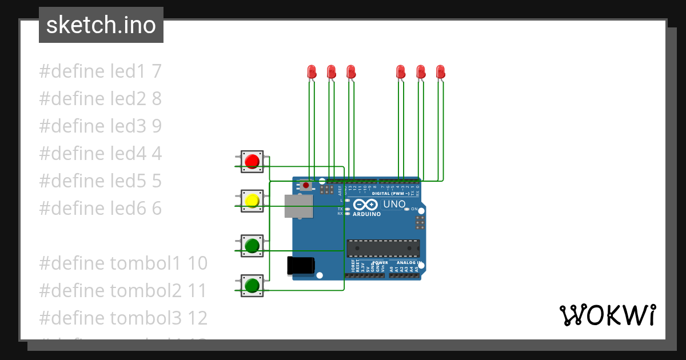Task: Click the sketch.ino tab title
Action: [x=101, y=25]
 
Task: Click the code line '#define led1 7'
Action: [x=100, y=71]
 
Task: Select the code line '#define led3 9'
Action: [x=100, y=126]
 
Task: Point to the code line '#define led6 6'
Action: [x=100, y=209]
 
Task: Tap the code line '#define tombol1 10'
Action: [x=123, y=263]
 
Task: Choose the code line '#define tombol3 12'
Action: [x=123, y=318]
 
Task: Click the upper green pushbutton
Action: [x=252, y=246]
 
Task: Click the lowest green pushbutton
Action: [x=252, y=284]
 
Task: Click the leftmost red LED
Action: [x=312, y=72]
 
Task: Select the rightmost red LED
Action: [x=440, y=72]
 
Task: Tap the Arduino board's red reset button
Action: [x=307, y=186]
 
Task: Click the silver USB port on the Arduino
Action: [x=299, y=206]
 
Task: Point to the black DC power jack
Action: [x=300, y=266]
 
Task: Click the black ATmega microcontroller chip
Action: [x=383, y=249]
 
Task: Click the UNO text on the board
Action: [x=394, y=204]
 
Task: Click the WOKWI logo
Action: [x=607, y=315]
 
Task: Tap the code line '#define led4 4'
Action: [x=100, y=154]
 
